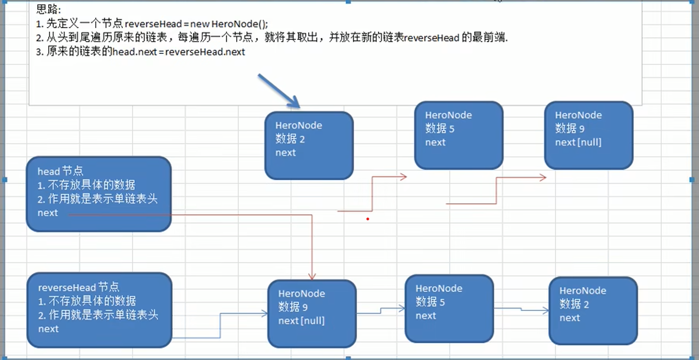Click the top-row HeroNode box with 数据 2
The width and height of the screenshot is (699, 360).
coord(309,146)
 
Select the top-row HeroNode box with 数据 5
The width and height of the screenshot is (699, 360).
coord(459,135)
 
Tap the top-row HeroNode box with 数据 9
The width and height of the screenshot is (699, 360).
coord(588,135)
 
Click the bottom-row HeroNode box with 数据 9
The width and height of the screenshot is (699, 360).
coord(312,314)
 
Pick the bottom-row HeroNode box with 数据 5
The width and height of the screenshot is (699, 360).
coord(449,309)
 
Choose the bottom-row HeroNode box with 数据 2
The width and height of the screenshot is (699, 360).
coord(593,311)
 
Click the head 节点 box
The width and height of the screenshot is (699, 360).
coord(98,194)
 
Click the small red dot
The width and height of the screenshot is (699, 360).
coord(367,219)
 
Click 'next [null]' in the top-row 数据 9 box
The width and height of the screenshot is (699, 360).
coord(578,142)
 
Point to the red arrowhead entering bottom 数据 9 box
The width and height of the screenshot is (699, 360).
coord(312,277)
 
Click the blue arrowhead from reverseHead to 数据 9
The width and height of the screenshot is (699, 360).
coord(264,314)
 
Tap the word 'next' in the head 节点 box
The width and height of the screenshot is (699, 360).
coord(48,213)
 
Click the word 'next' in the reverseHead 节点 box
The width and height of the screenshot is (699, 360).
coord(48,329)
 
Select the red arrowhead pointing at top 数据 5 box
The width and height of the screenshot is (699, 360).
coord(403,177)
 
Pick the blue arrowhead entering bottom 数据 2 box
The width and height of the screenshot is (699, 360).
coord(546,311)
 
